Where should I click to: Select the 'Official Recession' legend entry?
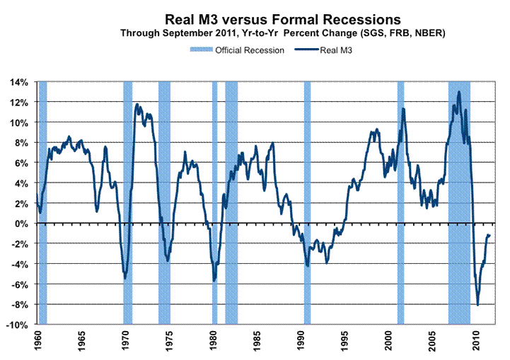[238, 50]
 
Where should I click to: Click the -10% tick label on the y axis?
[18, 325]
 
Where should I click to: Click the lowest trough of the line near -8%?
[478, 305]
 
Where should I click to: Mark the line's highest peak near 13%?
[459, 92]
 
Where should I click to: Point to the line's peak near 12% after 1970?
[137, 105]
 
